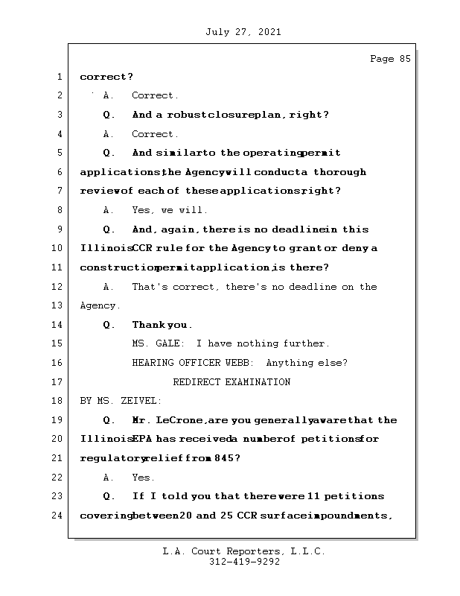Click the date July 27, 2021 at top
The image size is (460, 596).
tap(243, 32)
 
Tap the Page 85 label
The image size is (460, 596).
tap(390, 60)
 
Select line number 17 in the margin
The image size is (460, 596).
tap(59, 382)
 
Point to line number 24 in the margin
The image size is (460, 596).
tap(59, 516)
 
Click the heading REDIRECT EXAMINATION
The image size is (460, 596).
tap(231, 382)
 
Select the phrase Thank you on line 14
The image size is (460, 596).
tap(162, 325)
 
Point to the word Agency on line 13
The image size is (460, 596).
tap(98, 305)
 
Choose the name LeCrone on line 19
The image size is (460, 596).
tap(179, 420)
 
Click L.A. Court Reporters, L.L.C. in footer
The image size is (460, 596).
tap(244, 552)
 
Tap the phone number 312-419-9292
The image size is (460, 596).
tap(244, 562)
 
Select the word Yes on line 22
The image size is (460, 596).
tap(143, 478)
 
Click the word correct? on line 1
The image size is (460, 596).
tap(106, 77)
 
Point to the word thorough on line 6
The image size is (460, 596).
tap(339, 172)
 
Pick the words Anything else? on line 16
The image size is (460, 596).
tap(307, 363)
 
